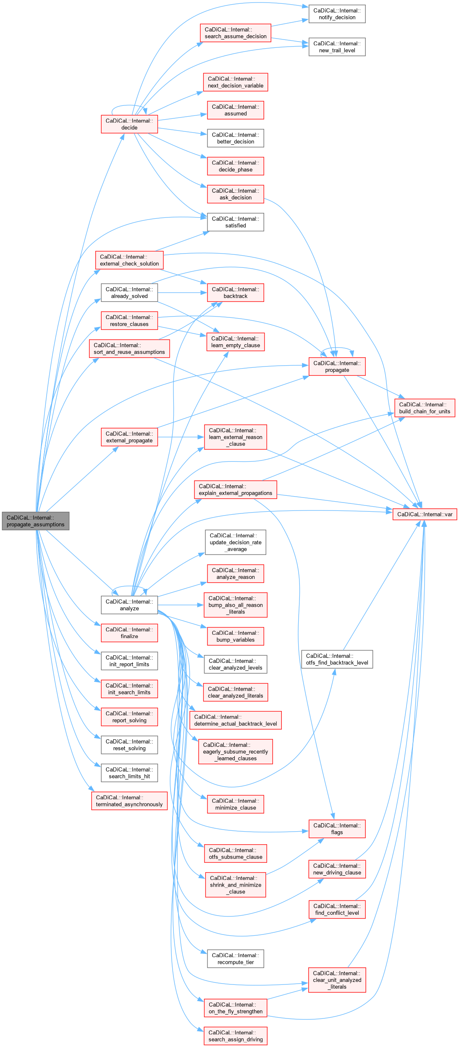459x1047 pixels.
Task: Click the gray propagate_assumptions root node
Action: (x=35, y=521)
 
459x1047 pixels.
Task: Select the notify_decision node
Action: (x=337, y=14)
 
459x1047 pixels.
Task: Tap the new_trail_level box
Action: (x=337, y=47)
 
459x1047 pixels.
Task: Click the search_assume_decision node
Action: (x=235, y=33)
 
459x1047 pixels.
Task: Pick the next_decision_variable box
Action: (x=235, y=82)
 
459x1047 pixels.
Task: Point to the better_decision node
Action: (x=235, y=138)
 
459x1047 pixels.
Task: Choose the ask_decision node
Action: (x=235, y=194)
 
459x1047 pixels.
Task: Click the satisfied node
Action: (x=235, y=222)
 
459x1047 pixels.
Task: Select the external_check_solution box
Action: (x=129, y=260)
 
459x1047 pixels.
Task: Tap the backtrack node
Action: (x=235, y=293)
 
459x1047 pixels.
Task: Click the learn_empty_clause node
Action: (x=235, y=342)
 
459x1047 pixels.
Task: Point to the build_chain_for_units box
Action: (x=425, y=408)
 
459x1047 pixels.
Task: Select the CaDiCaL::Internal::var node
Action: (x=425, y=514)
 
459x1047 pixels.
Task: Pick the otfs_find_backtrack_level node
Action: (x=337, y=659)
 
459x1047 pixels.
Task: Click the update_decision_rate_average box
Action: (x=235, y=542)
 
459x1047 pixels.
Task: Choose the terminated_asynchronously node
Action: (x=129, y=801)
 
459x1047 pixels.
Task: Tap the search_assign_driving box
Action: (x=235, y=1036)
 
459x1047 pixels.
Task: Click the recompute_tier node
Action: (x=235, y=958)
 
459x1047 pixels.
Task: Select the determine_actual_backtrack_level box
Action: (x=235, y=720)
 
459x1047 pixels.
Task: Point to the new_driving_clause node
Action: (x=337, y=869)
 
